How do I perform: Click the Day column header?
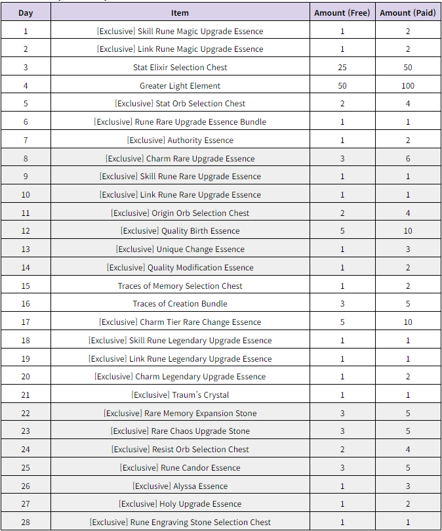tap(26, 12)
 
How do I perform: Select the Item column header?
tap(180, 12)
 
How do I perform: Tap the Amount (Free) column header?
tap(342, 12)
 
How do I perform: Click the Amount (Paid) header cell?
tap(408, 12)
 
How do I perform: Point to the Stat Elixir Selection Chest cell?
tap(180, 68)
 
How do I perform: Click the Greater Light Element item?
tap(180, 86)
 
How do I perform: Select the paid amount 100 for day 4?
tap(408, 86)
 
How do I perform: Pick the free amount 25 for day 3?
tap(342, 68)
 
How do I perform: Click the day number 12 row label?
tap(26, 231)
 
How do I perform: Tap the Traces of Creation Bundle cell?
tap(180, 304)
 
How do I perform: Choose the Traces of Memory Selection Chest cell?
tap(180, 286)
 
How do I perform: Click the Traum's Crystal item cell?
tap(180, 395)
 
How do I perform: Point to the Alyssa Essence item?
tap(180, 486)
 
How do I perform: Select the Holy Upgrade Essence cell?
tap(180, 504)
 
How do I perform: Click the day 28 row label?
tap(26, 522)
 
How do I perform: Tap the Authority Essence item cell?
tap(180, 140)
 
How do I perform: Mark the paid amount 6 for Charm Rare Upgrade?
tap(408, 158)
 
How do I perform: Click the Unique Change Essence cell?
tap(180, 249)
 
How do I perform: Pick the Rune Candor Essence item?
tap(180, 468)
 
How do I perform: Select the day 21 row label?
tap(26, 395)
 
